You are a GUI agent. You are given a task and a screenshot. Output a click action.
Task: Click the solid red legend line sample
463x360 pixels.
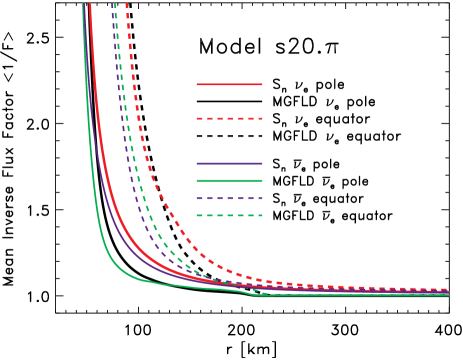click(x=229, y=84)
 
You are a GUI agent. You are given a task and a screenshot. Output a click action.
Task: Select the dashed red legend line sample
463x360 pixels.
click(x=229, y=118)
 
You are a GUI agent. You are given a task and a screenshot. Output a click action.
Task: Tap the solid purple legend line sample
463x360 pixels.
click(x=229, y=163)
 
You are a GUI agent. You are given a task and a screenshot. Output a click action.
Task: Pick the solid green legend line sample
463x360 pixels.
click(x=229, y=180)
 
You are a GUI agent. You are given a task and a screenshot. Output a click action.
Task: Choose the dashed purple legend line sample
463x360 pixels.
click(x=229, y=198)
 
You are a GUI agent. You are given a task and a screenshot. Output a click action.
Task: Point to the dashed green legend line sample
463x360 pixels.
click(x=229, y=215)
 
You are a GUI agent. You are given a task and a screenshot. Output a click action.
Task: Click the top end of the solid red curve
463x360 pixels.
click(x=90, y=4)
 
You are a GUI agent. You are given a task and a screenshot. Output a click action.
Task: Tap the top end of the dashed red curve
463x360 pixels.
click(x=126, y=4)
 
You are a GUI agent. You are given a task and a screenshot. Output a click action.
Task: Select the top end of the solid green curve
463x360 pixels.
click(x=83, y=4)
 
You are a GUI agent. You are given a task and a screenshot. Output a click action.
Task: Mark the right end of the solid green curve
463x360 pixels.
click(x=448, y=294)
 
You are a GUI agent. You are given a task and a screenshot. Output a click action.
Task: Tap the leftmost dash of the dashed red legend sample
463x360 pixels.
click(x=200, y=118)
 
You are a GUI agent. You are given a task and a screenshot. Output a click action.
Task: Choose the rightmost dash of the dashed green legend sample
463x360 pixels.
click(x=258, y=215)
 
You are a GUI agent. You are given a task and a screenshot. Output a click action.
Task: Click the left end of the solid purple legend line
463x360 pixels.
click(x=198, y=163)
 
